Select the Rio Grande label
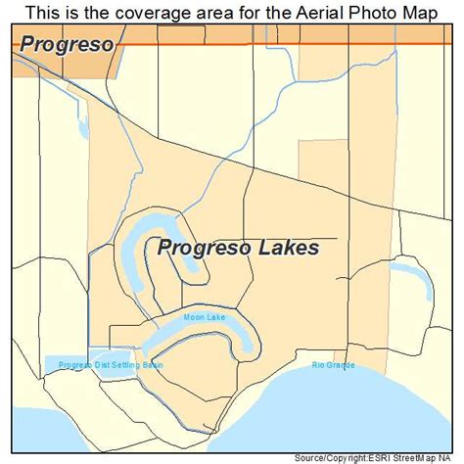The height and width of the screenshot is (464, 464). coord(333,365)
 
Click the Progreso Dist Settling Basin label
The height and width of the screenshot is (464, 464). coord(110,365)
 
